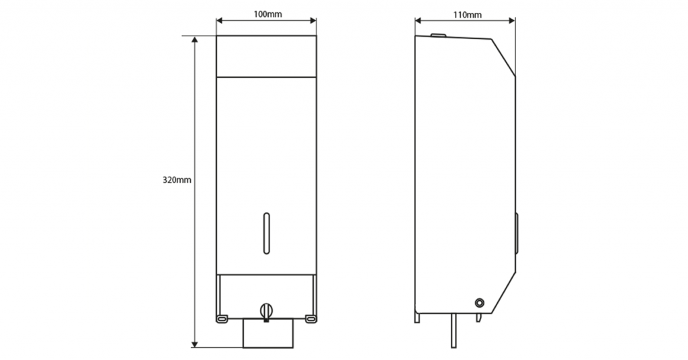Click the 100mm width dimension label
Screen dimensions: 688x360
[267, 14]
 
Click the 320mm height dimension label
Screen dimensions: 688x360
[177, 180]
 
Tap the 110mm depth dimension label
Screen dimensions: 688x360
[468, 15]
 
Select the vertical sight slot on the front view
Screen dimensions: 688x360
[266, 233]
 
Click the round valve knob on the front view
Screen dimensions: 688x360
[266, 310]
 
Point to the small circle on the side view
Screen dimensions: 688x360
[480, 302]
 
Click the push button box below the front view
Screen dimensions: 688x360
[268, 333]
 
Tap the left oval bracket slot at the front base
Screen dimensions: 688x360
[222, 318]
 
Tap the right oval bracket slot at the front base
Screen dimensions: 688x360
[310, 318]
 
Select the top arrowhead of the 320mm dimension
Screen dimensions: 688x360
[195, 40]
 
